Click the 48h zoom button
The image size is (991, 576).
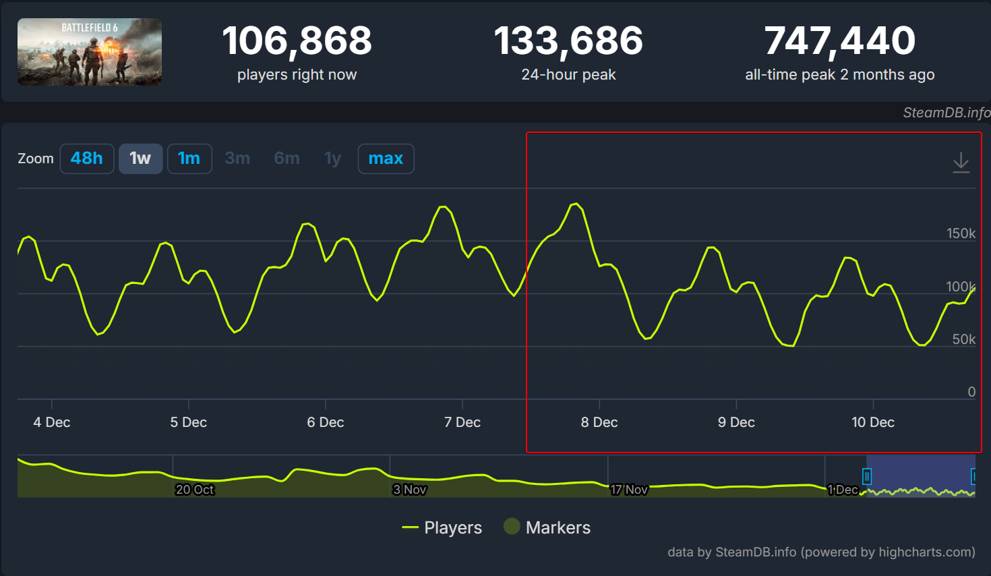87,159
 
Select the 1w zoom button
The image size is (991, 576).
140,159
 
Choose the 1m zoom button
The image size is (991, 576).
189,159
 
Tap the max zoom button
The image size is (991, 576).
386,159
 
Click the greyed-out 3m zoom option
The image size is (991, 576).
237,159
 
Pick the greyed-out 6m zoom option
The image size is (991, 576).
287,159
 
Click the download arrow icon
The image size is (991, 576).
961,163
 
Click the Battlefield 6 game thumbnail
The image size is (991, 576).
90,52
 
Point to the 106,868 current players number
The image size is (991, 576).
297,41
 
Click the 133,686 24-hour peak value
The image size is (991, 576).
568,41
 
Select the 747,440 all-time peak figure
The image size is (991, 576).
839,41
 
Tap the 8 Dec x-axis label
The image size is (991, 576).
599,422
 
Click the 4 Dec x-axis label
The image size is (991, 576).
52,422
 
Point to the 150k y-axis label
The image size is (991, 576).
961,233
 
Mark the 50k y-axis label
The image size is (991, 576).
963,339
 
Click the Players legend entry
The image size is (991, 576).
442,527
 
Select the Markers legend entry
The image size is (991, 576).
547,527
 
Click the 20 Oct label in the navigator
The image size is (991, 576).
195,490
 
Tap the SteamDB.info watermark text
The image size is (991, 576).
947,113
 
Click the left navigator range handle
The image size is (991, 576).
867,477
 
